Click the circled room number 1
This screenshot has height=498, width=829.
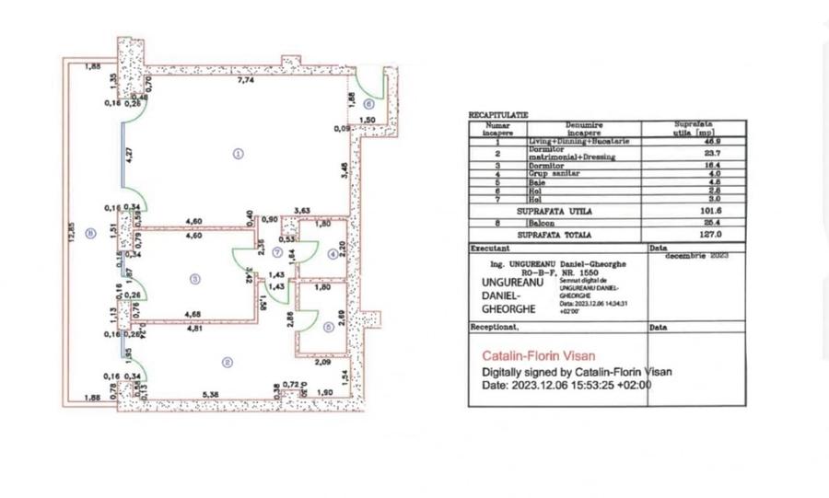pos(238,154)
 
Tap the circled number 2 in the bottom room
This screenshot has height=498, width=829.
pos(226,361)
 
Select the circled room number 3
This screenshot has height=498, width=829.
pos(194,279)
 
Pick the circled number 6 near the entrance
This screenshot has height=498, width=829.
pos(368,104)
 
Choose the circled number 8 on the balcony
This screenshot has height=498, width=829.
pos(89,233)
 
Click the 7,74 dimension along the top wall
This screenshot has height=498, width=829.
pos(246,82)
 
